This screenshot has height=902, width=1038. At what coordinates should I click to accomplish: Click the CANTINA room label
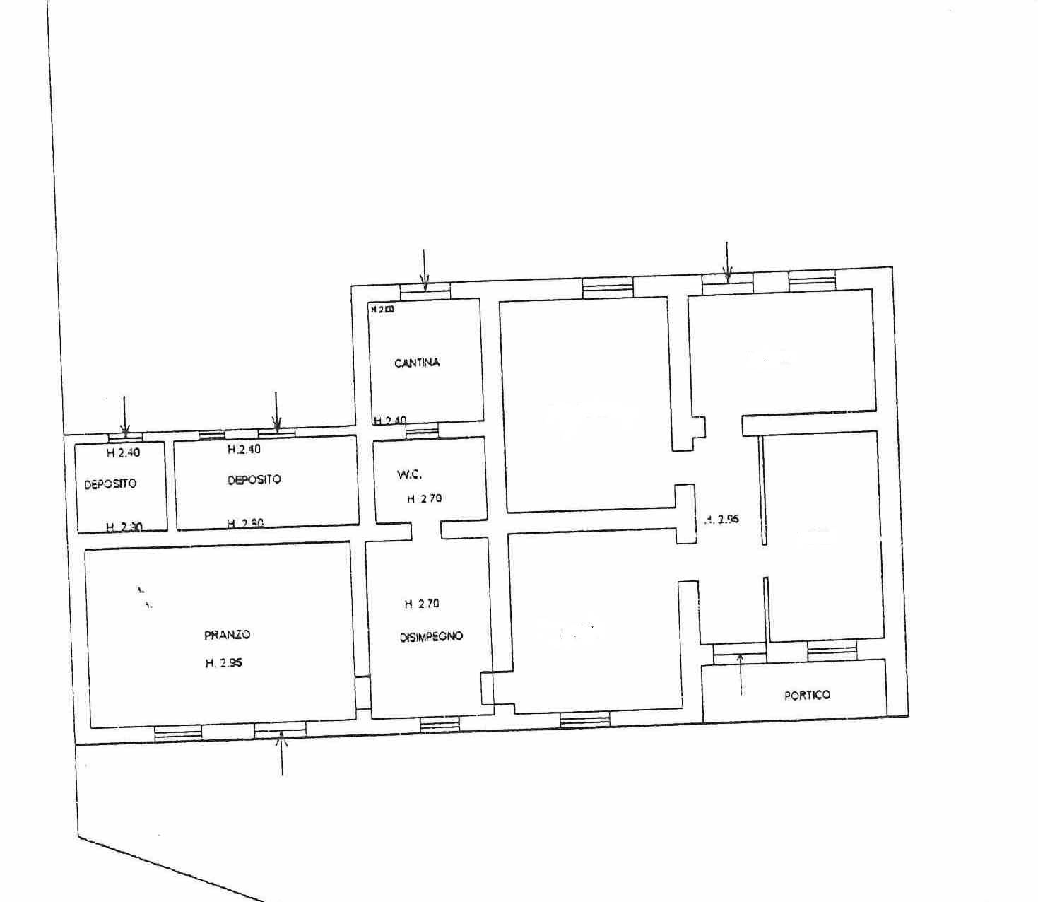(416, 363)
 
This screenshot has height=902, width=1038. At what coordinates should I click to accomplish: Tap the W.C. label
(410, 475)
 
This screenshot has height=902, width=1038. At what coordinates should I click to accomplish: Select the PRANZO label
(227, 635)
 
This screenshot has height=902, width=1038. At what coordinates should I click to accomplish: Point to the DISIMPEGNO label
(431, 636)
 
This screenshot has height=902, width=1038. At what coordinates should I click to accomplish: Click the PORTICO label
(807, 695)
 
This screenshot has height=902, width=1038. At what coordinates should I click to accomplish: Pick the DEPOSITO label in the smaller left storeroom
(110, 484)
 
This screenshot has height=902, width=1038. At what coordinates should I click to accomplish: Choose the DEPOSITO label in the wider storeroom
(254, 479)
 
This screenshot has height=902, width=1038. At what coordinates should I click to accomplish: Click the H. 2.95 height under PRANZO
(225, 663)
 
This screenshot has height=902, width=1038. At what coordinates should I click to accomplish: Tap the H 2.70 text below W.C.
(424, 498)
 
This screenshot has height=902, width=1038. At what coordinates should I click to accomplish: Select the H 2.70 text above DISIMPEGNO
(422, 604)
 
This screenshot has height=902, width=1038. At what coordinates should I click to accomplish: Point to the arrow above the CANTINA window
(424, 269)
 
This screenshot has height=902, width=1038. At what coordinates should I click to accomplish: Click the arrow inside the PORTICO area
(741, 674)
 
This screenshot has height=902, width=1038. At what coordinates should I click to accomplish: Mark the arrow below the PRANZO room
(282, 754)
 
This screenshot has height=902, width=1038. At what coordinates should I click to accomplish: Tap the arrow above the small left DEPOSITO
(124, 416)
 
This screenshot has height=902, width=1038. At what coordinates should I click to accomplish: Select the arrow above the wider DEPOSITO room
(276, 411)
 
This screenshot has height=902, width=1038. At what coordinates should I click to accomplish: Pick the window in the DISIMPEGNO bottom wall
(440, 724)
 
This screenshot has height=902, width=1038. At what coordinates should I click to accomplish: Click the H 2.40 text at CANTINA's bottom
(390, 421)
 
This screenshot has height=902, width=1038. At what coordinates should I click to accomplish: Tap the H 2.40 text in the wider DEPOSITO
(243, 449)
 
